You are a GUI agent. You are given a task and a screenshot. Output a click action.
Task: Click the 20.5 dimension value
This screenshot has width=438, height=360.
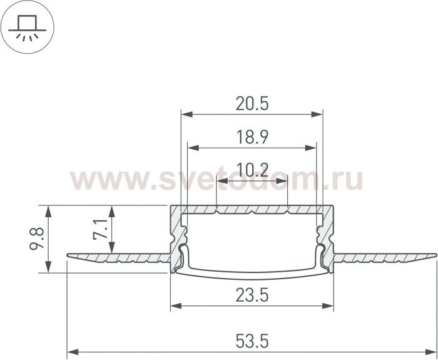(252, 104)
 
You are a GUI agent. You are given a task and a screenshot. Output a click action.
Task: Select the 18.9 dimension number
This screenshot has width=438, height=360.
(252, 137)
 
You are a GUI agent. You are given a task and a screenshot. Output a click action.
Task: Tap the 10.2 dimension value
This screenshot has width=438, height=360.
(252, 170)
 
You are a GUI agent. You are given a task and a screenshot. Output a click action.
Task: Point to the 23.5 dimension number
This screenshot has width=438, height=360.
(252, 295)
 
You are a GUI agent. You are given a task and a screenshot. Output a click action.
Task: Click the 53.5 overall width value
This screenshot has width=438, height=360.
(252, 341)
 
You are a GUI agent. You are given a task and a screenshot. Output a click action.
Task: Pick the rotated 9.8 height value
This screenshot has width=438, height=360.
(37, 239)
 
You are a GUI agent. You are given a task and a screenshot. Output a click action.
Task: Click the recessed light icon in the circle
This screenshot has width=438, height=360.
(27, 27)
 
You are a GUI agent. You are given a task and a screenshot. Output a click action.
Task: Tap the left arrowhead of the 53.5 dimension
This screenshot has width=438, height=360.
(73, 352)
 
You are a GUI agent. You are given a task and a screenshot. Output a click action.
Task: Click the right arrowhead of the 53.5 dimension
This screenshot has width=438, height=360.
(430, 352)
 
